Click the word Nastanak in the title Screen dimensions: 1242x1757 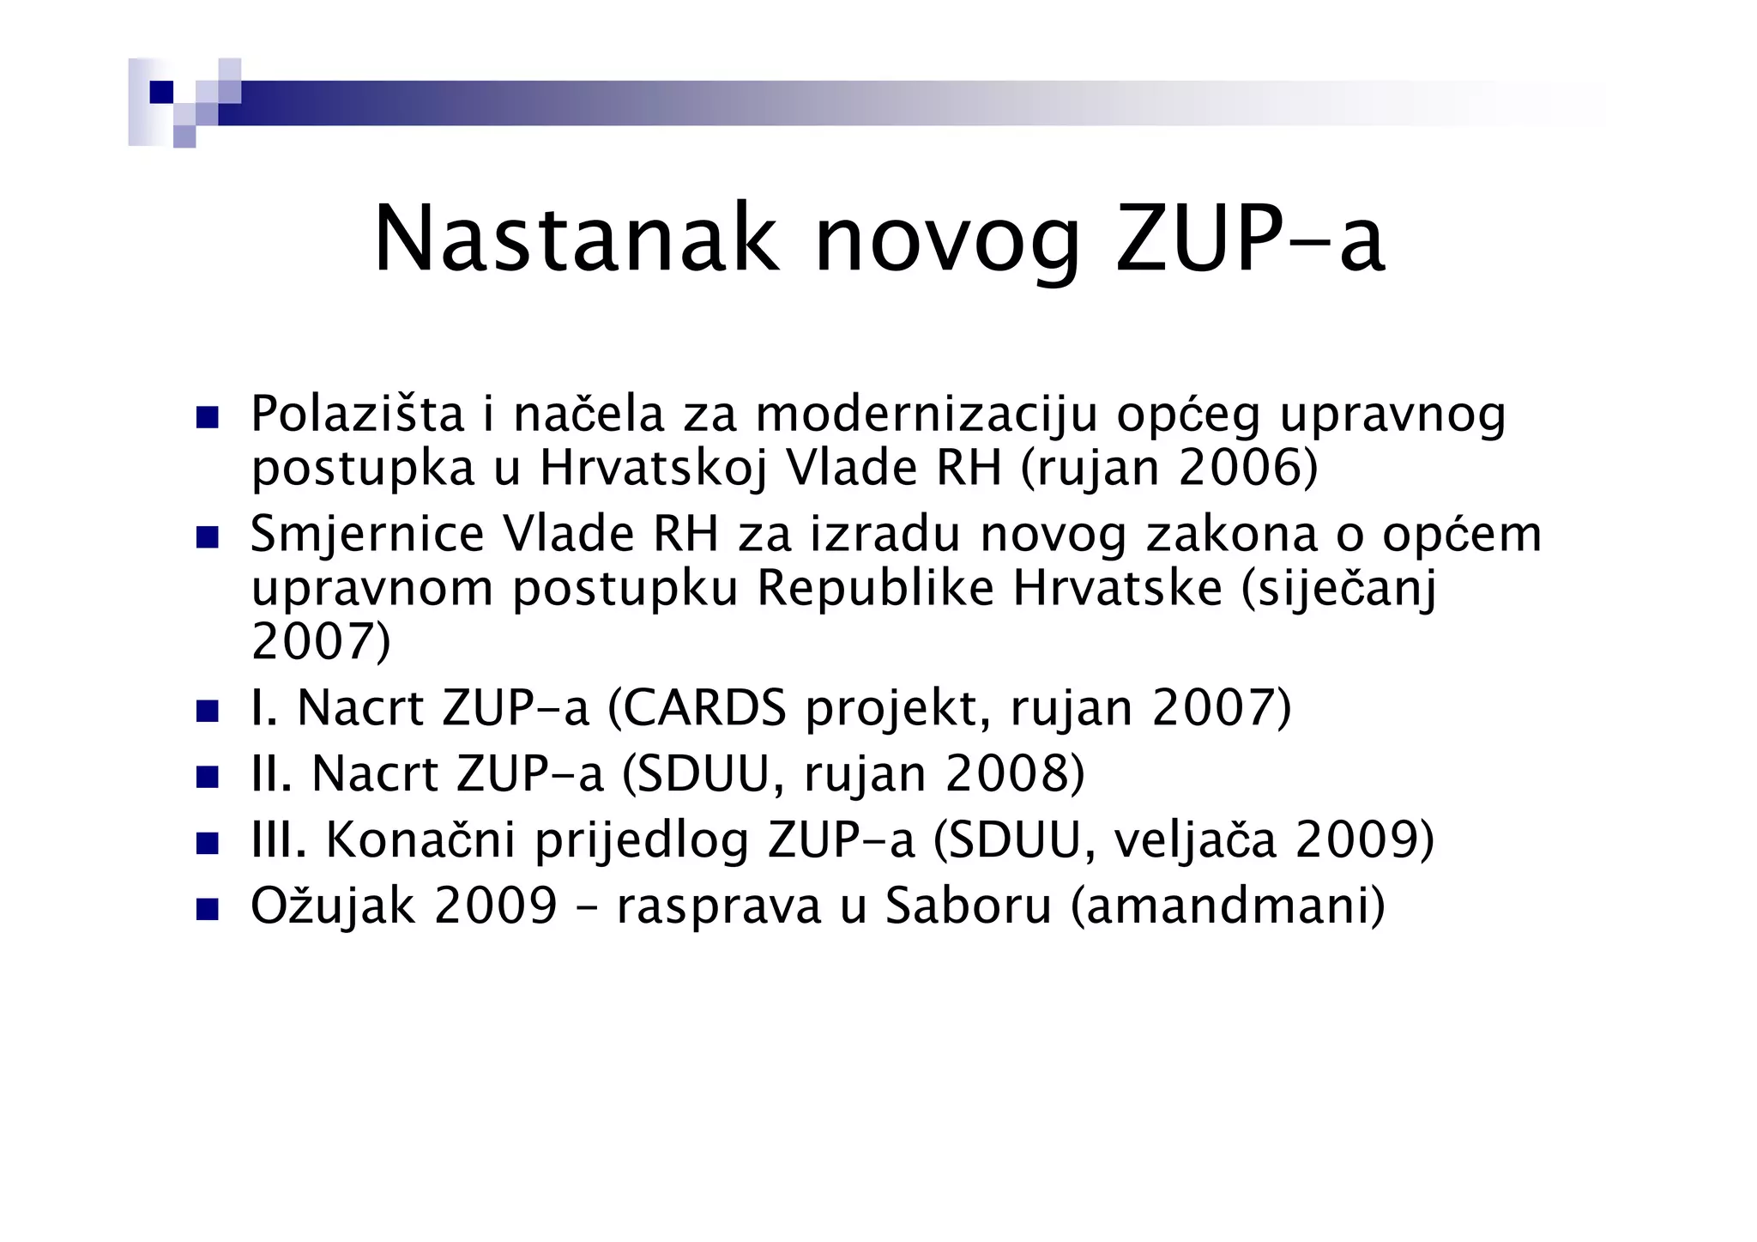click(577, 239)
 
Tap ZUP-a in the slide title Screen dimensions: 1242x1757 click(1249, 239)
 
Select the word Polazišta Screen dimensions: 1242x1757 click(357, 415)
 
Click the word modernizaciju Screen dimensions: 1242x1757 click(927, 415)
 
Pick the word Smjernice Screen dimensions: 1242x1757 click(367, 534)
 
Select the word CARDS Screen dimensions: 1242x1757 click(703, 709)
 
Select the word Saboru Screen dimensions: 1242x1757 click(969, 906)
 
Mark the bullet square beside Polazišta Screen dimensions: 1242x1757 click(208, 418)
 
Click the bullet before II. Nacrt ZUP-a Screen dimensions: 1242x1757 click(208, 777)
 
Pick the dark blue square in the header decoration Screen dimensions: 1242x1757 click(161, 92)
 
